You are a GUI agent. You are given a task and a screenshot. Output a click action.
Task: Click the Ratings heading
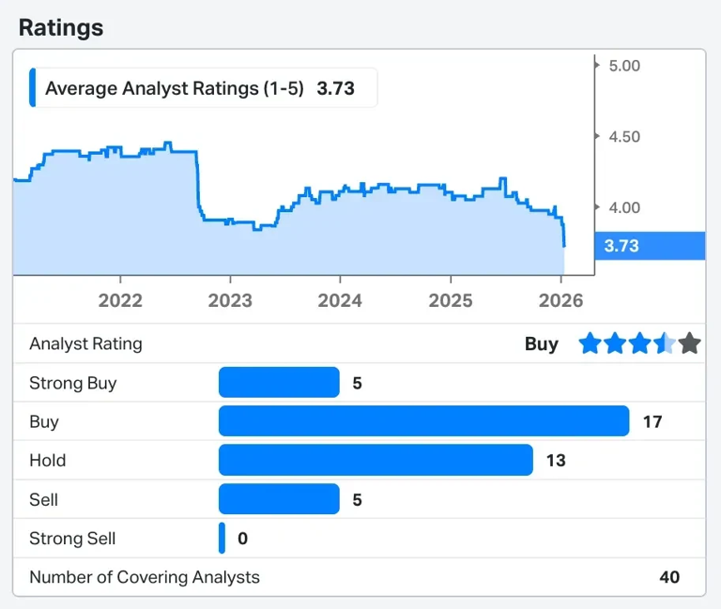pos(61,27)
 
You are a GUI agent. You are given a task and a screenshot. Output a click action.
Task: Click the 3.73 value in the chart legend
pos(335,89)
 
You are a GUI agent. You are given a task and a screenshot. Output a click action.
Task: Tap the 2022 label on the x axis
pos(120,300)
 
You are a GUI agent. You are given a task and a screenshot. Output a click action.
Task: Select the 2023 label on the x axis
pos(230,300)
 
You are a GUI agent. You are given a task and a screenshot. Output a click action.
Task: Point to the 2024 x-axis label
pos(340,300)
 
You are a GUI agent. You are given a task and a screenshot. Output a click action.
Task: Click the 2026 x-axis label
pos(560,300)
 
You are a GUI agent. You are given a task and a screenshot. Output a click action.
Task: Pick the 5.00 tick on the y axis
pos(623,66)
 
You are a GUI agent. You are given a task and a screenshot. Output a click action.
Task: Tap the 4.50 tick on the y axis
pos(623,137)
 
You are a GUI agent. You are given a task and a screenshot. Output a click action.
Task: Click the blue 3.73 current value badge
pos(649,246)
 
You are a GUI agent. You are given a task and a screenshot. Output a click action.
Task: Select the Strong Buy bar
pos(279,383)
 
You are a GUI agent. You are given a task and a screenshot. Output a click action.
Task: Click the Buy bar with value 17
pos(423,421)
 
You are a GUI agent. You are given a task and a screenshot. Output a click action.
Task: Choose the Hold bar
pos(376,461)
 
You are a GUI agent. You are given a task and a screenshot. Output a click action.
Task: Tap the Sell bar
pos(279,499)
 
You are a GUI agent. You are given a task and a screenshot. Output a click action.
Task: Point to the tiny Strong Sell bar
pos(222,539)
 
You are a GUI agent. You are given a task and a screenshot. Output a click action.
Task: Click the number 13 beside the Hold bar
pos(556,461)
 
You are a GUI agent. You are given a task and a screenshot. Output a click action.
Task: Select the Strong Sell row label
pos(72,539)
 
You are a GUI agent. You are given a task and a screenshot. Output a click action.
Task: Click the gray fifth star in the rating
pos(690,343)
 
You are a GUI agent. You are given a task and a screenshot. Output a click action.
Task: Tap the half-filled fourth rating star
pos(665,343)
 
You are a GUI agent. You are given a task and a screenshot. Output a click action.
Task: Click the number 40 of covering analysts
pos(668,577)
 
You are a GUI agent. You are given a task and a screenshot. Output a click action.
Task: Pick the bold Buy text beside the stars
pos(541,343)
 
